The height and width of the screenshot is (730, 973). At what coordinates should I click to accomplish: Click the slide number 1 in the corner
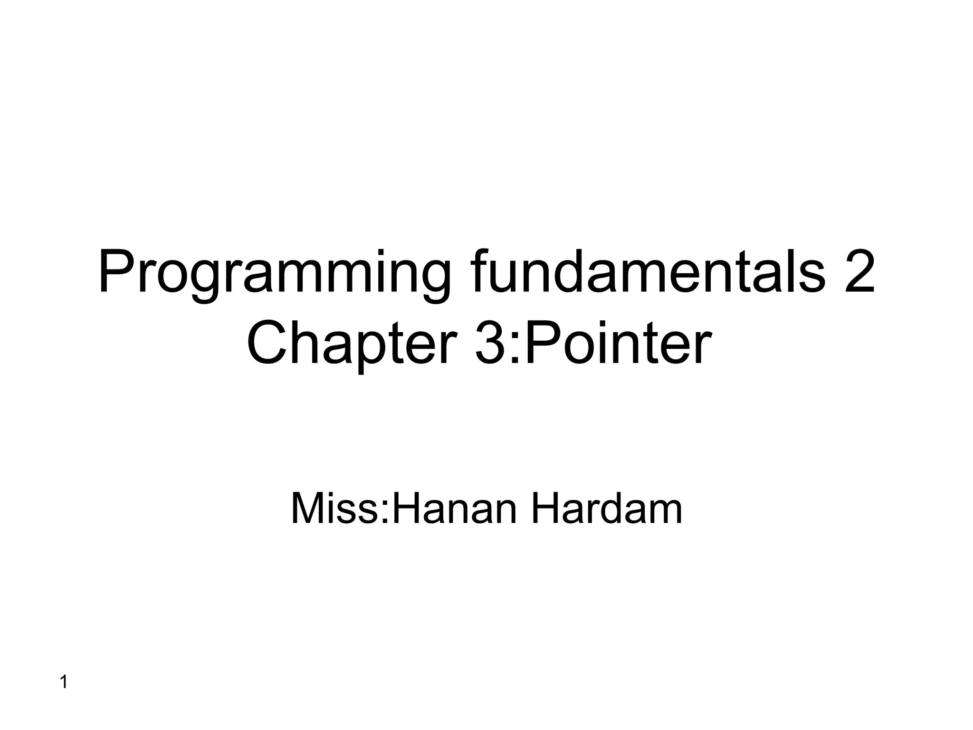click(64, 682)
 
